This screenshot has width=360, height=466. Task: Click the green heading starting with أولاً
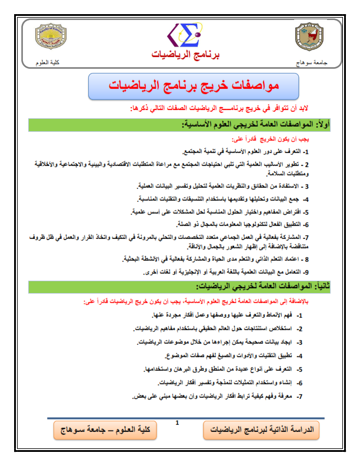pos(246,124)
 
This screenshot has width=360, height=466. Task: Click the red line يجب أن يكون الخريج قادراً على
pos(283,140)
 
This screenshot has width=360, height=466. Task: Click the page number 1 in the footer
pos(176,422)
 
